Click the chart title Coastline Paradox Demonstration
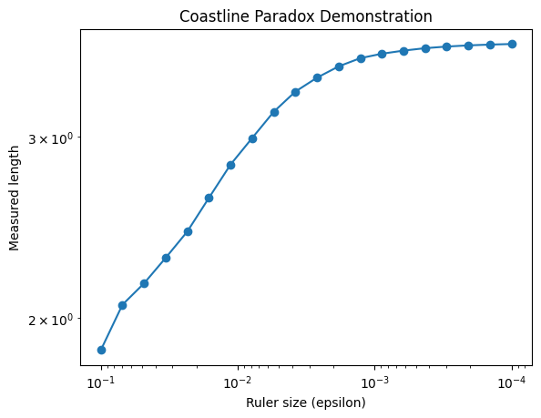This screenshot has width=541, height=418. coord(306,16)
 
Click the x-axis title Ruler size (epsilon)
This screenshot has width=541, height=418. coord(306,402)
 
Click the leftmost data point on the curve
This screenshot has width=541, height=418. coord(101,350)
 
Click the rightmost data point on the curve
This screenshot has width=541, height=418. coord(512,44)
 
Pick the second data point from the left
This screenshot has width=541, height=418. coord(122,305)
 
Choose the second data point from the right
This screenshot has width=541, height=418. coord(490,45)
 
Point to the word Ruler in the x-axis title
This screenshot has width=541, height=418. coord(263,402)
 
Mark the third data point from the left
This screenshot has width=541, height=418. coord(144,283)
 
